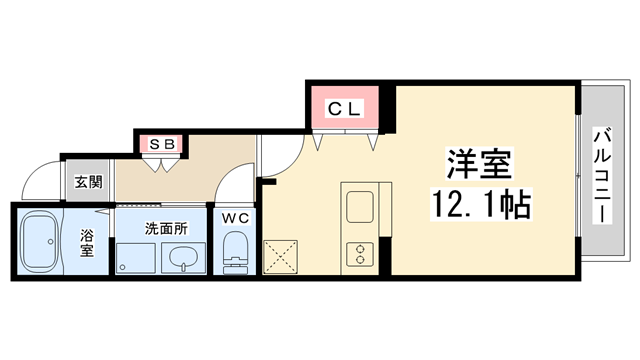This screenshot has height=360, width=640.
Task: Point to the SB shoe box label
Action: (162, 144)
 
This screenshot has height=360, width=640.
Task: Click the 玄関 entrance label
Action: (88, 183)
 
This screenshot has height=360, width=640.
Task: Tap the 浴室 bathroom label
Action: (87, 243)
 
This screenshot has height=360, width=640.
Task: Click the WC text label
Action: (235, 217)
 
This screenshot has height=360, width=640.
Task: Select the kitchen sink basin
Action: (358, 206)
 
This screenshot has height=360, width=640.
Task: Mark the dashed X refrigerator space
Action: (283, 256)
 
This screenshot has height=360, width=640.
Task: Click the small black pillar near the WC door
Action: (267, 181)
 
